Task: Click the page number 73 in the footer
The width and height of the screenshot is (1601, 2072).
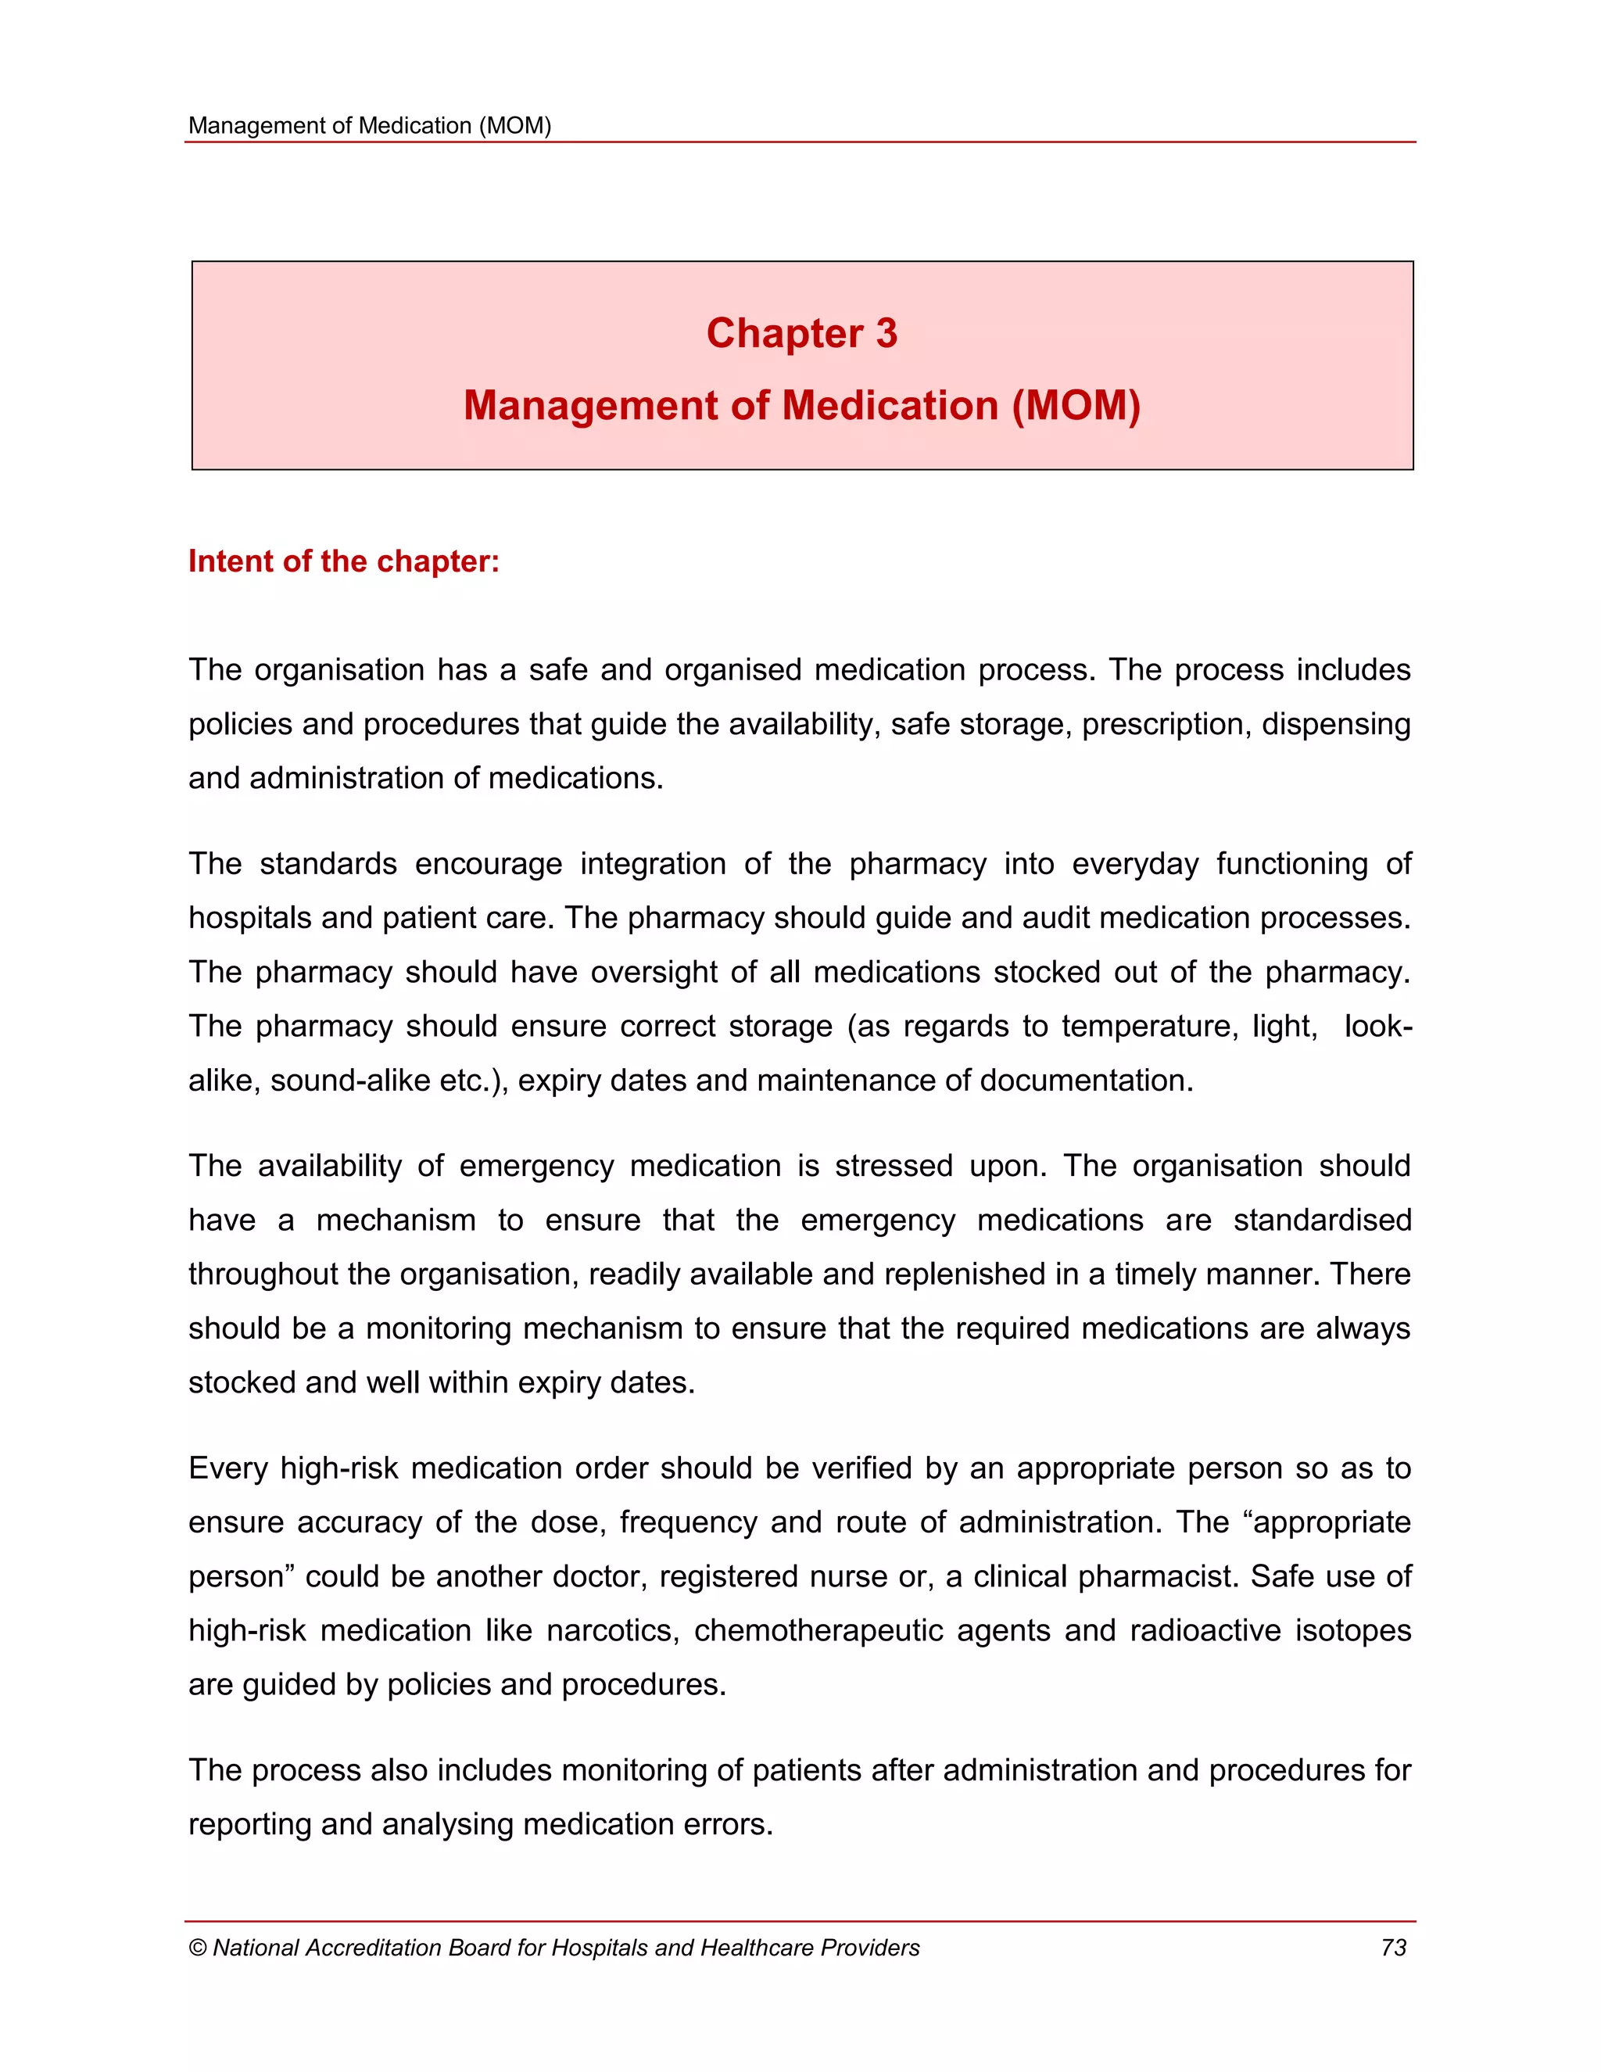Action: pos(1393,1948)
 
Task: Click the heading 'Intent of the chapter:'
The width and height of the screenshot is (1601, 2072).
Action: pos(343,561)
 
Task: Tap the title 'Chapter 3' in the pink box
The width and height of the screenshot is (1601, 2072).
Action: pos(801,334)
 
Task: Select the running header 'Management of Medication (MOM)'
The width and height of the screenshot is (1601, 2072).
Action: pos(370,126)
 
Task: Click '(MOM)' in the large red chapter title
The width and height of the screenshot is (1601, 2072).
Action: pos(1076,406)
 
